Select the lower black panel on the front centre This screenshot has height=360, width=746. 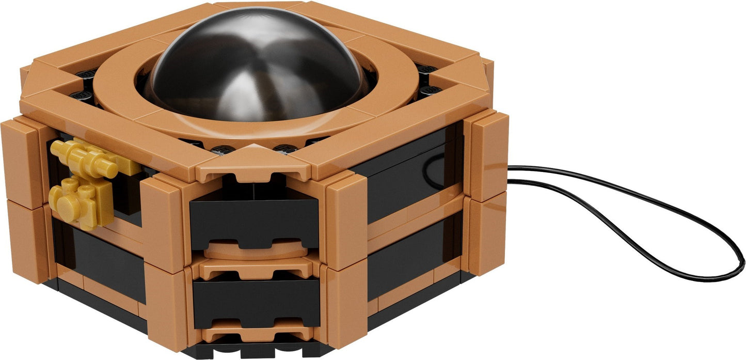(256, 302)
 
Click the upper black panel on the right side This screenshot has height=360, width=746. (408, 181)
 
